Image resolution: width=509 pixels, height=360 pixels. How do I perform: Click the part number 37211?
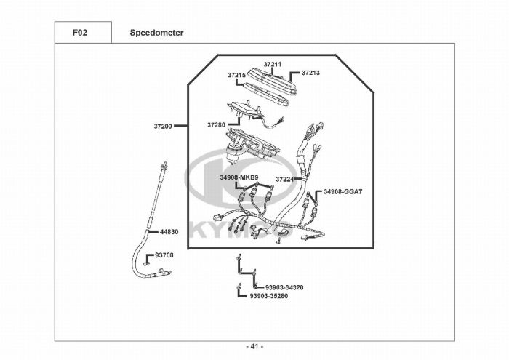(273, 65)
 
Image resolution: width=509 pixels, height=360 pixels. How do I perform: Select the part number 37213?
(310, 73)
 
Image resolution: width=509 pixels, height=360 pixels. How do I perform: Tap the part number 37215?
(236, 75)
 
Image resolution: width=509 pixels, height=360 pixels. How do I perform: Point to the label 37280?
(216, 125)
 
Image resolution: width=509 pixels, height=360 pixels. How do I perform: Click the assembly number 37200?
(162, 126)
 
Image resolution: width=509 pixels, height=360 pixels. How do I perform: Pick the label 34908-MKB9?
(239, 177)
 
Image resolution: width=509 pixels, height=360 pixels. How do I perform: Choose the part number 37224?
(284, 179)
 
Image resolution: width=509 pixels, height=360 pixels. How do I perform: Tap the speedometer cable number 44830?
(169, 231)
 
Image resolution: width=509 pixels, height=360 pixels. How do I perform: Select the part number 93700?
(164, 255)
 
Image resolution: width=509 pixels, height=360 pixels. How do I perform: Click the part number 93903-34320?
(284, 287)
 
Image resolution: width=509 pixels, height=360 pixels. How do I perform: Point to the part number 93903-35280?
(269, 296)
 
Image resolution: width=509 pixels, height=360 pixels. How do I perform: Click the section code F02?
(82, 33)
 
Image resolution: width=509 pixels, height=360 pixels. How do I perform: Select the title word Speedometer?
(156, 33)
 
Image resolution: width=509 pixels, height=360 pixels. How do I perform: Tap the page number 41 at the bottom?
(254, 346)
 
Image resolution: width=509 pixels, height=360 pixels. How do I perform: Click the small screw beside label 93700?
(146, 257)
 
